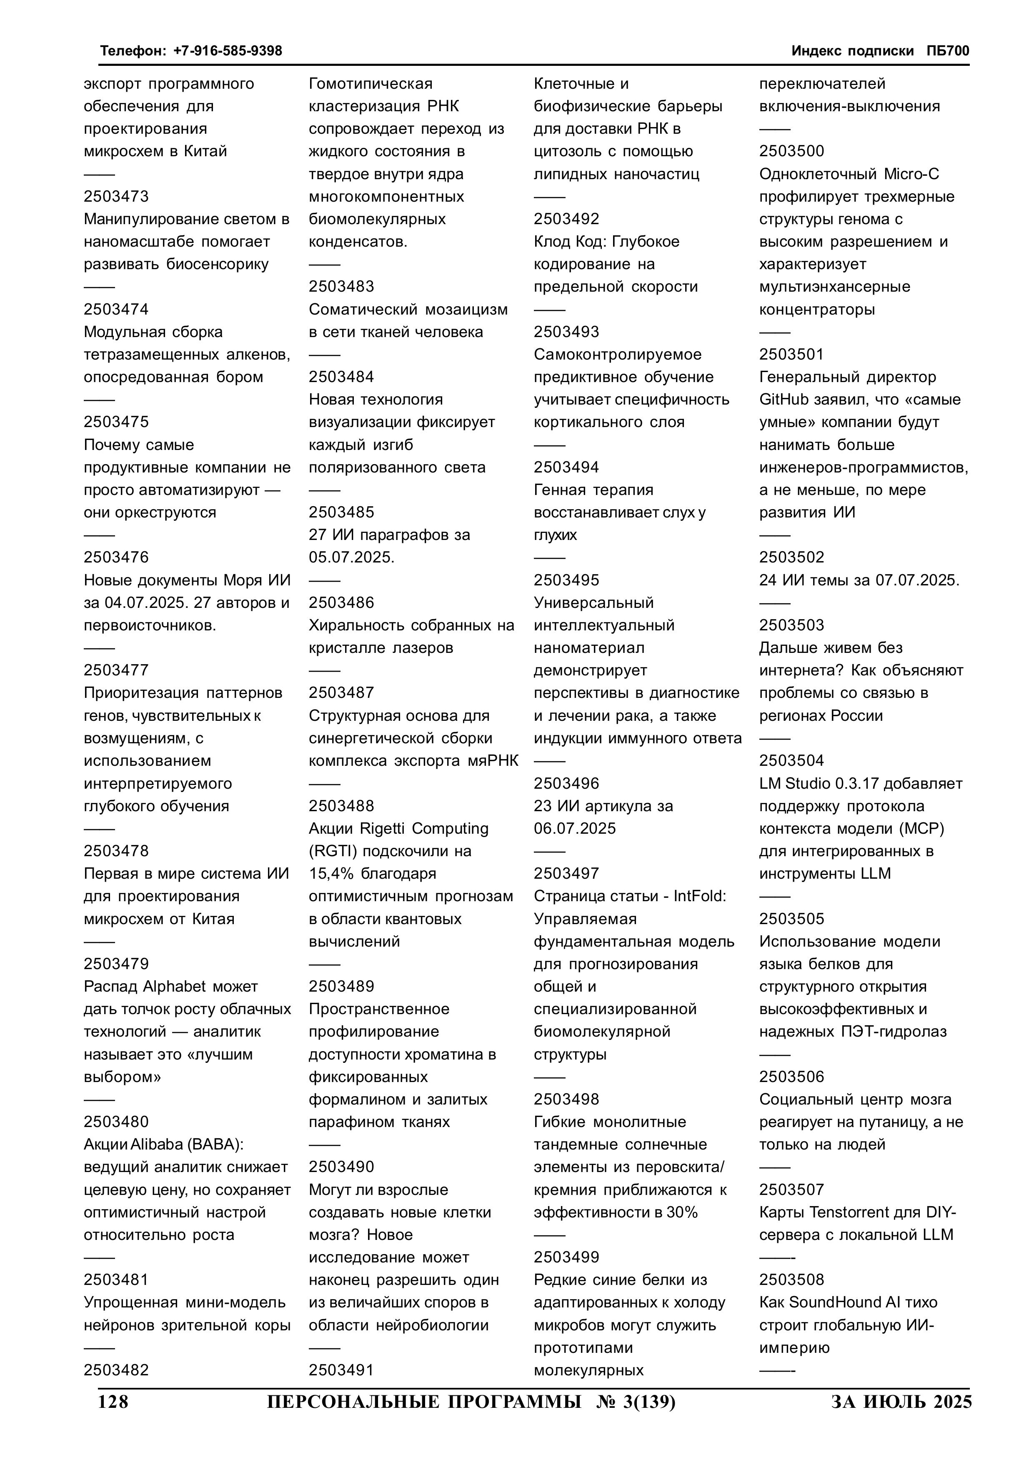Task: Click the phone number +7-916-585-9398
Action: click(x=228, y=50)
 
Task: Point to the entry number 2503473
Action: click(x=116, y=196)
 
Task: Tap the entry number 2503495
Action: click(x=566, y=580)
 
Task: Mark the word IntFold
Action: click(x=699, y=896)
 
